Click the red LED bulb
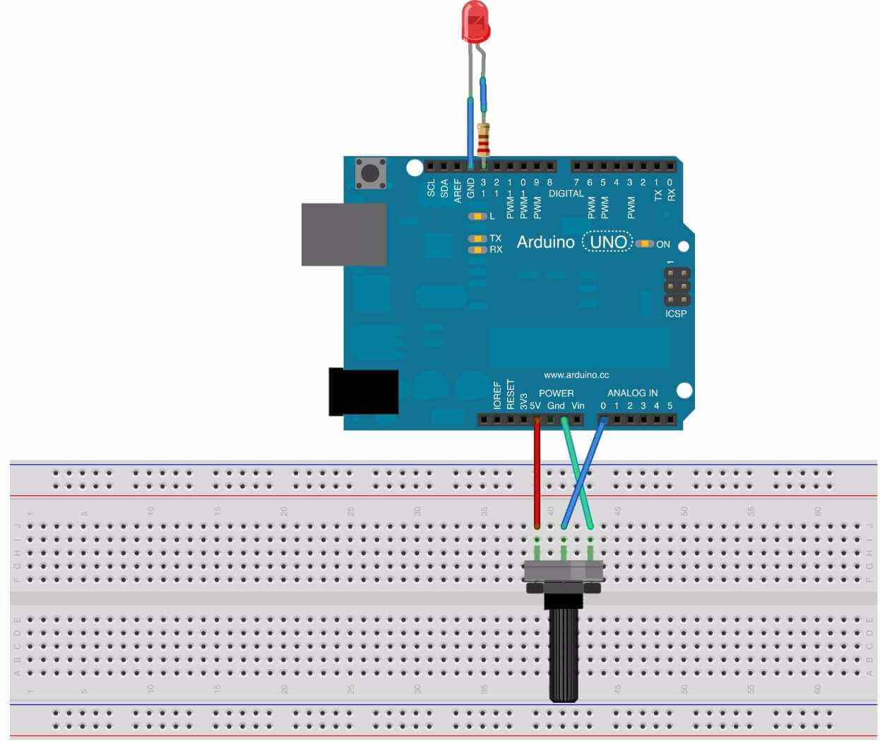475,21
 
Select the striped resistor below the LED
484,140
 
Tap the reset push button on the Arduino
370,173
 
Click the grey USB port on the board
344,235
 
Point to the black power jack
363,392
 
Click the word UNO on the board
608,242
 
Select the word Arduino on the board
545,242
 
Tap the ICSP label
675,314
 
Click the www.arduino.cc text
576,375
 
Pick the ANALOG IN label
632,393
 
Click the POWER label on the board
556,393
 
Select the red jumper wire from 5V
537,473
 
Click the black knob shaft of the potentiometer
564,653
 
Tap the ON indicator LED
644,244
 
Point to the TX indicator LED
478,239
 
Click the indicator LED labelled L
478,216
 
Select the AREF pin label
458,190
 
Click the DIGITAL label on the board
566,194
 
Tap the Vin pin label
578,405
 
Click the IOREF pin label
497,396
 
